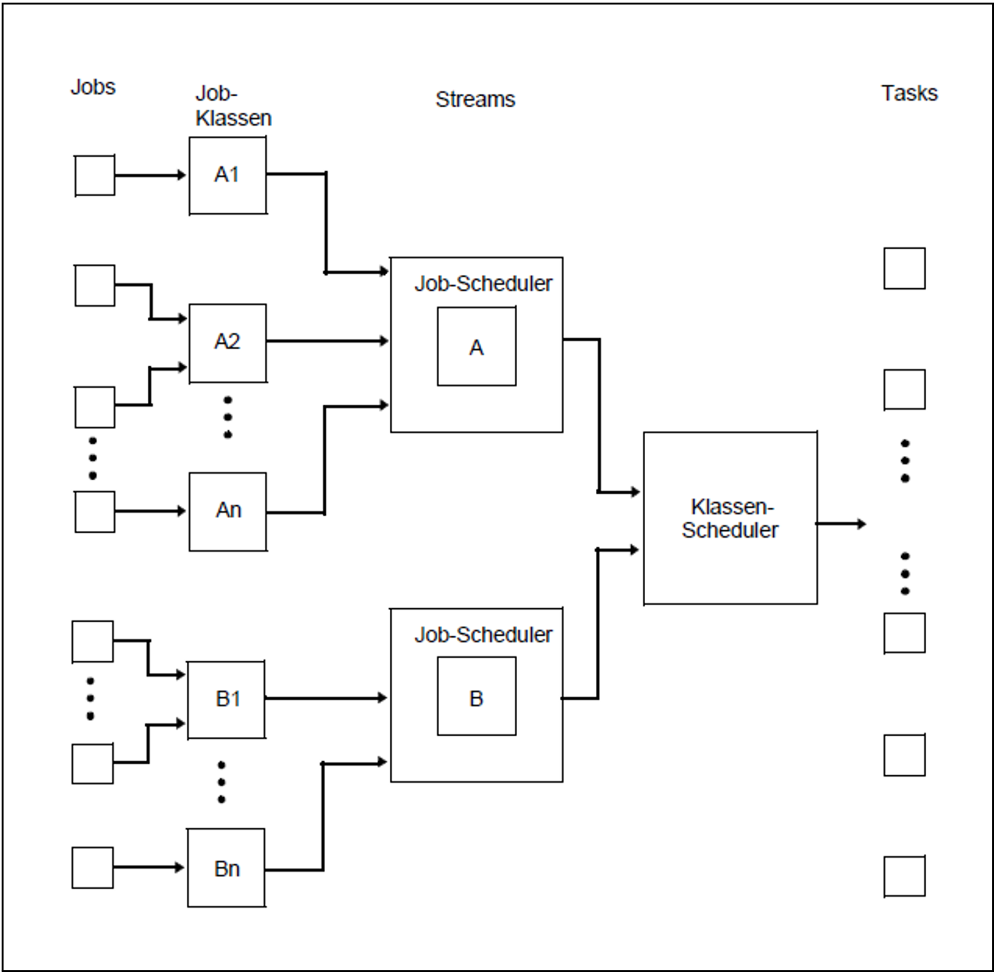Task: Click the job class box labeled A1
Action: pos(227,175)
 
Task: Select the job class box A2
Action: pos(227,343)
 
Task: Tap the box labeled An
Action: pos(227,511)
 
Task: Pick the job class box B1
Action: pos(226,699)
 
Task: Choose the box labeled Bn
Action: pos(226,868)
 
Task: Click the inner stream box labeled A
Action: pos(476,347)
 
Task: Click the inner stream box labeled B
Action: pos(476,696)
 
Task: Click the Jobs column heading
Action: pos(93,87)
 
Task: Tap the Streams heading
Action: pos(475,99)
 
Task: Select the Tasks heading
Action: pos(909,93)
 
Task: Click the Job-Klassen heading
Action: pos(233,106)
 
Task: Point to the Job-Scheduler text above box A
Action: pos(483,284)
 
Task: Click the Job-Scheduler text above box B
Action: pos(483,635)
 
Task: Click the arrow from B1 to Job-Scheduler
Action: pos(325,698)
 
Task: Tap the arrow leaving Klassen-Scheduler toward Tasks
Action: pos(840,523)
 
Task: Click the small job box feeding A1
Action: pos(95,175)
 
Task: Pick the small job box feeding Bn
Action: pos(93,867)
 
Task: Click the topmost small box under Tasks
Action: pos(904,268)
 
